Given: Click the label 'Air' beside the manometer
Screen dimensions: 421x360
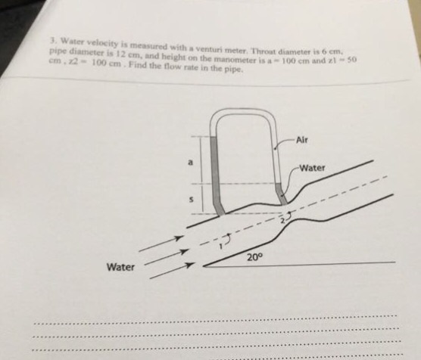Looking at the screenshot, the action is coord(301,140).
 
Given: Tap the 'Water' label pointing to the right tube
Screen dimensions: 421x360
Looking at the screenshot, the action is coord(312,168).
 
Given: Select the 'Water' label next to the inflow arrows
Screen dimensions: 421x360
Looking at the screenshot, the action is coord(120,267).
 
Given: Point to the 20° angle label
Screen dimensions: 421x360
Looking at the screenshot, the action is coord(254,258).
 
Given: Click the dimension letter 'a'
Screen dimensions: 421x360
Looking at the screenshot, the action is coord(190,163).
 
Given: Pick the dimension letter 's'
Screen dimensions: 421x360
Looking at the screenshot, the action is coord(191,200).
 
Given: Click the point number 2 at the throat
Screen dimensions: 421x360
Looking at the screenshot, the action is coord(282,221).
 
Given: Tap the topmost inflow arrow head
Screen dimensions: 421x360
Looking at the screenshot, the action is coord(179,237).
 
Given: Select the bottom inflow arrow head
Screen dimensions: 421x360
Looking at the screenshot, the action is coord(189,265).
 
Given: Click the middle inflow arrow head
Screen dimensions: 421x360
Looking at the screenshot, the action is coord(183,252).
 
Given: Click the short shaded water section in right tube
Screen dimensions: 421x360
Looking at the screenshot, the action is coord(281,194).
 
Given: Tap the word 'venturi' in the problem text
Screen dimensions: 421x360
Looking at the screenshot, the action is coord(209,49).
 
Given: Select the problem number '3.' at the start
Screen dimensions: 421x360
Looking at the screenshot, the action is coord(54,41).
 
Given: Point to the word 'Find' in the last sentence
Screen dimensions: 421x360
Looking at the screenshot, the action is coord(137,65).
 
